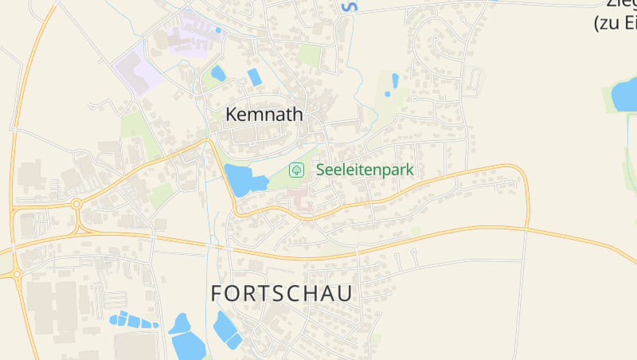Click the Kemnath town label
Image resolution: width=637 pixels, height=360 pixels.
[x=264, y=115]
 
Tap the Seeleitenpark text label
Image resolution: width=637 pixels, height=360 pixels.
[x=365, y=170]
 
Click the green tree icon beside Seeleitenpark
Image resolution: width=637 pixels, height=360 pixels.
[x=296, y=170]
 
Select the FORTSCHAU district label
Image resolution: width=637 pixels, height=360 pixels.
[x=282, y=293]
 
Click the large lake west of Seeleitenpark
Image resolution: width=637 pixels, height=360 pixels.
[x=241, y=179]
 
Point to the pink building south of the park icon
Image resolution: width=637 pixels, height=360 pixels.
[x=299, y=200]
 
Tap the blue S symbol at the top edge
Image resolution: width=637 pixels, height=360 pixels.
[x=348, y=6]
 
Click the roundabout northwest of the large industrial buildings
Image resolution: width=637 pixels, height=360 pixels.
[x=76, y=204]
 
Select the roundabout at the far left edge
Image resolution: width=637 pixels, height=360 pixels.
[x=16, y=274]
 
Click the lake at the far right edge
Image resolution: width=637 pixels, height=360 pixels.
[x=623, y=96]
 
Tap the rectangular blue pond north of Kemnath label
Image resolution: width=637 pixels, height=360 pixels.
[x=255, y=77]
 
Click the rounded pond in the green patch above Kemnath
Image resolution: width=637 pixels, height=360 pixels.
[x=218, y=74]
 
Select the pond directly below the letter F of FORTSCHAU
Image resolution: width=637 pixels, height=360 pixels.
[x=225, y=329]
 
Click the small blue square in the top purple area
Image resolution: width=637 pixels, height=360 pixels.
[x=218, y=30]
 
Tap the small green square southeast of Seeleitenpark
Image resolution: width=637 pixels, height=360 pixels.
[x=416, y=231]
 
